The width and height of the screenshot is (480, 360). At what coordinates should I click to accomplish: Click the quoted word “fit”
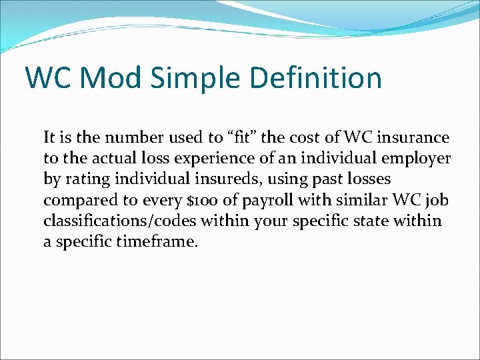tap(231, 137)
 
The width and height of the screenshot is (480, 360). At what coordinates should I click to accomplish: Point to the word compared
tap(75, 200)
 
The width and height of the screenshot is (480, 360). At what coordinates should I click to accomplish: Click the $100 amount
tap(197, 200)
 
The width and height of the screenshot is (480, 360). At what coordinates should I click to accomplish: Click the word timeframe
tap(158, 241)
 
